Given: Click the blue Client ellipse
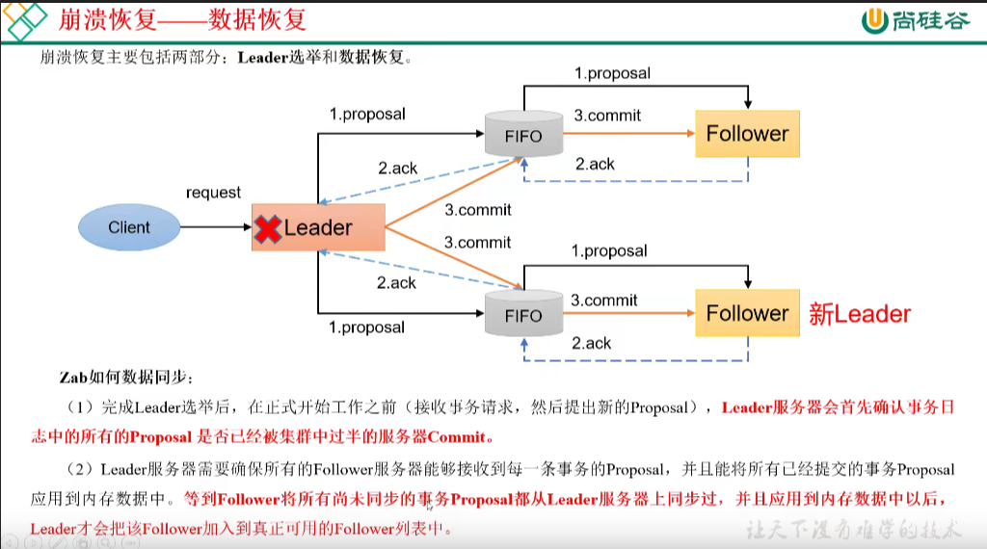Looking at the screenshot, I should (x=129, y=227).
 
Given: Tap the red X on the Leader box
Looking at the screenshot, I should (x=267, y=228).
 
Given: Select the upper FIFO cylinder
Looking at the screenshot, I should (x=523, y=133).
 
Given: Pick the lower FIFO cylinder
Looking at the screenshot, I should (x=523, y=312).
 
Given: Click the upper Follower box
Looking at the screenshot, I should (x=747, y=134).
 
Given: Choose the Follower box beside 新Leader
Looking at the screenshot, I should (x=747, y=313).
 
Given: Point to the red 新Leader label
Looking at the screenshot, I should (x=859, y=314).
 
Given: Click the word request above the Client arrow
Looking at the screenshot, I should (x=213, y=193).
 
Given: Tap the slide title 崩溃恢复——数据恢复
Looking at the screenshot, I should (x=183, y=18).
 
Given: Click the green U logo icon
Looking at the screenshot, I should (x=875, y=19).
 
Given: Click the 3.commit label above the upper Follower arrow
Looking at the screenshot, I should (x=607, y=116).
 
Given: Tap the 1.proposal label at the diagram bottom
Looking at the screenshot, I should (x=366, y=327).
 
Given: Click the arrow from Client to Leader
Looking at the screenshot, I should (x=214, y=227).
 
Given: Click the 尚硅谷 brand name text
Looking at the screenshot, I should (x=930, y=19).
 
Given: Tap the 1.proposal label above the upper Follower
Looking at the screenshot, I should (x=612, y=73).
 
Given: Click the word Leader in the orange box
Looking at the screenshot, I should (x=318, y=228).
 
